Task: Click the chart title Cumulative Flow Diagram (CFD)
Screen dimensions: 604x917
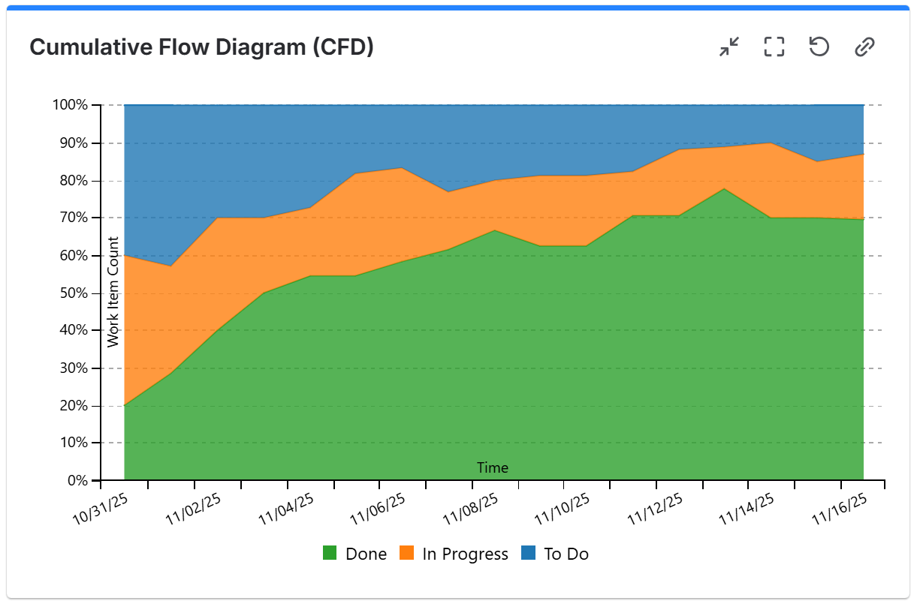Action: coord(201,47)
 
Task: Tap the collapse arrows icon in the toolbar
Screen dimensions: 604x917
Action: coord(728,47)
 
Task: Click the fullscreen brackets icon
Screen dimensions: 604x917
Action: coord(774,47)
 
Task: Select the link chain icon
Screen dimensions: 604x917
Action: coord(864,47)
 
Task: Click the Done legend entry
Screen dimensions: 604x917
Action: coord(355,554)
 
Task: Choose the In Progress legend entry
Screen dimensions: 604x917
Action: coord(454,554)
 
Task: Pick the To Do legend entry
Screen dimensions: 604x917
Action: coord(555,554)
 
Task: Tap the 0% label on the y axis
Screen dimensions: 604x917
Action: coord(77,481)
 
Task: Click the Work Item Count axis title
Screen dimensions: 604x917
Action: coord(113,292)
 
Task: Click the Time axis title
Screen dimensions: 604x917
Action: coord(493,468)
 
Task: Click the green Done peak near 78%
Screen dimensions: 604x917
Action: coord(723,190)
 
